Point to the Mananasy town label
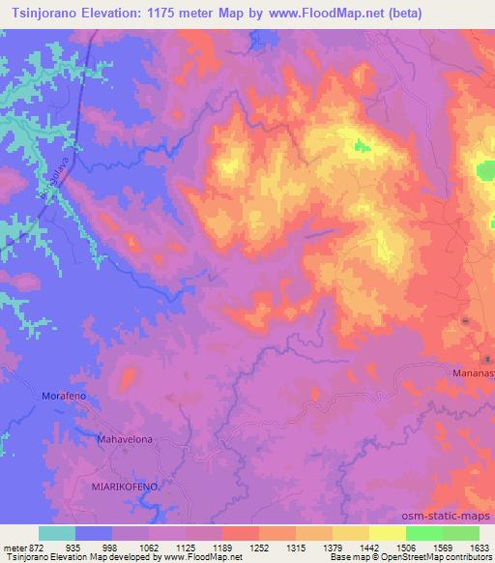[x=473, y=371]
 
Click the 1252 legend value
[x=259, y=547]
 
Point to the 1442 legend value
[x=368, y=547]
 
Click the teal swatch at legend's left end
[x=57, y=533]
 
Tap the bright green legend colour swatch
[x=424, y=533]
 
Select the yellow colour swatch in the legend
[x=388, y=533]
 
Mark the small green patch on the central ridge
[x=362, y=147]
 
